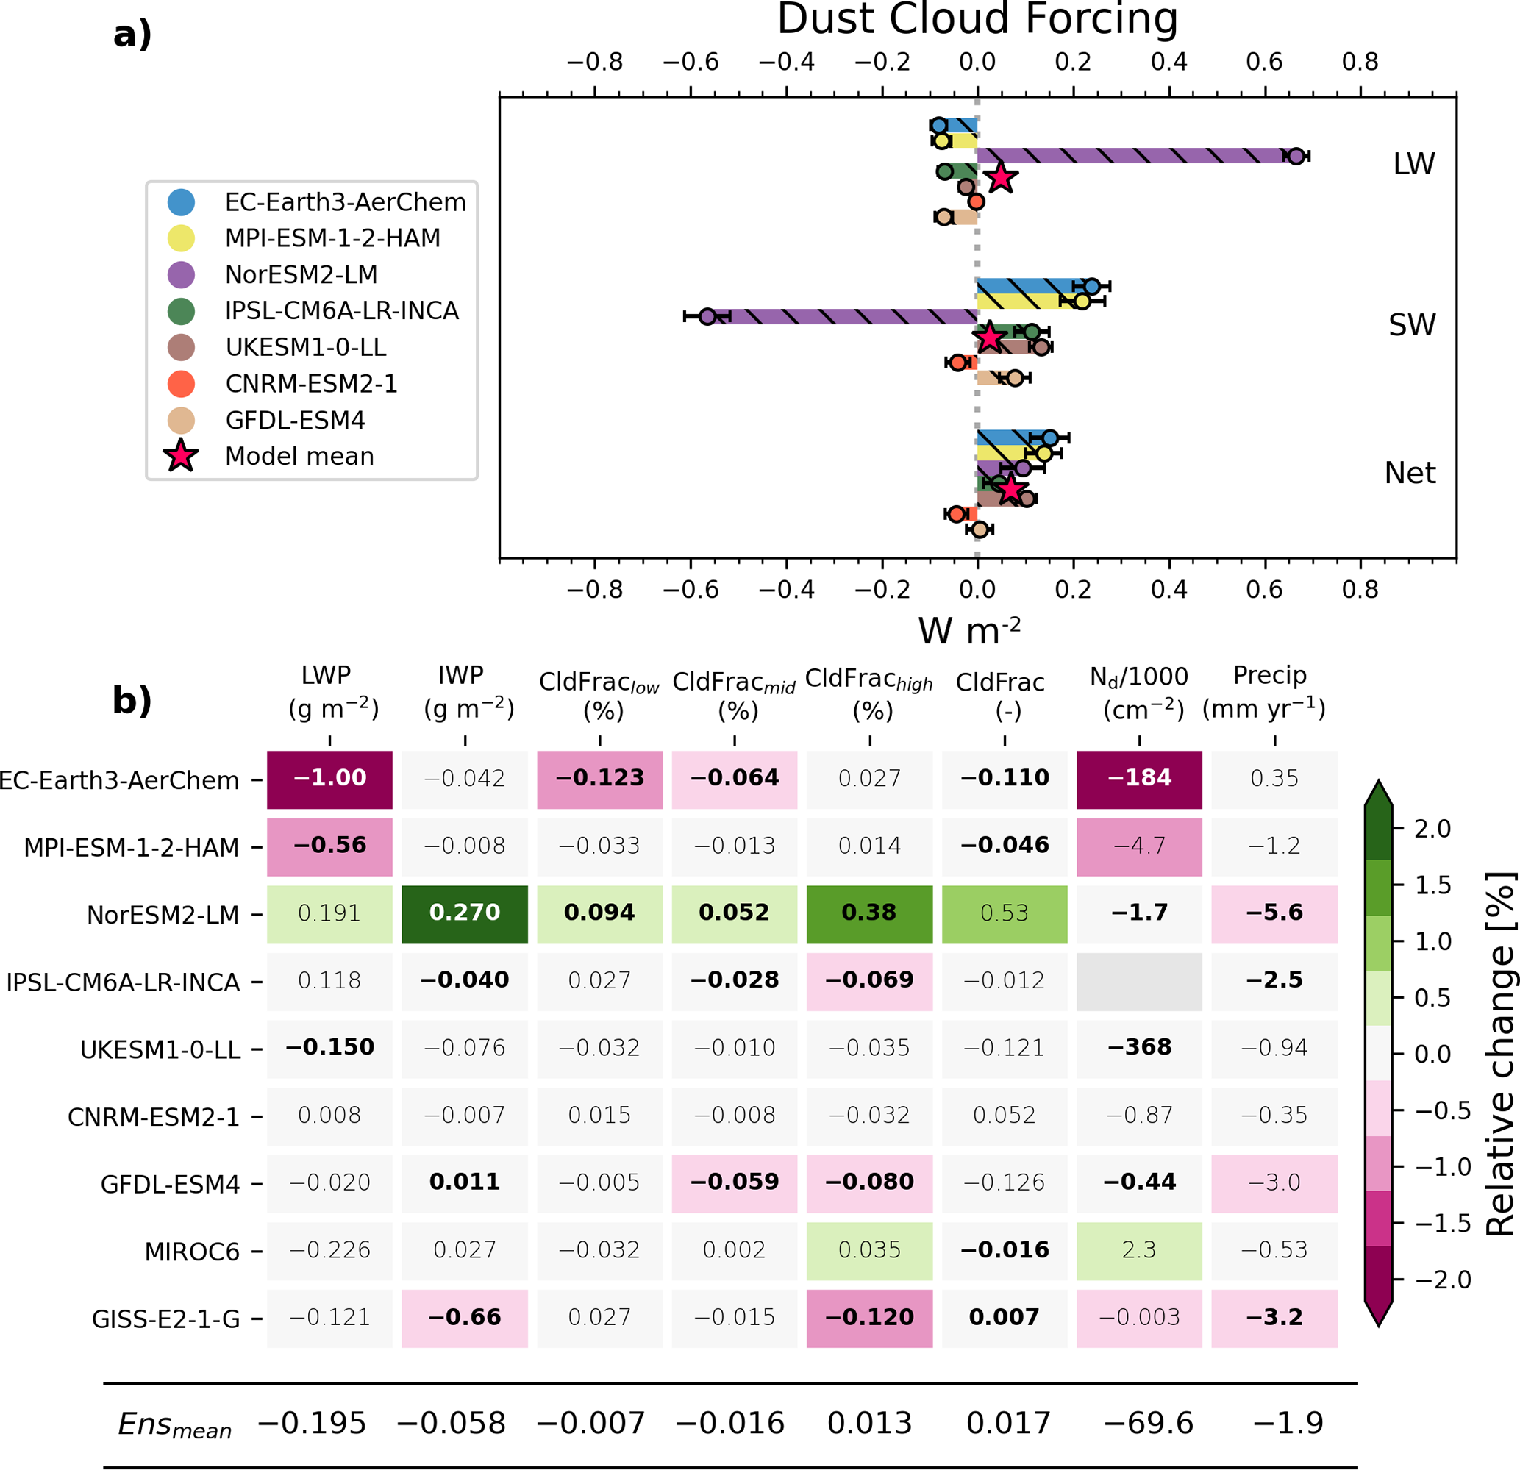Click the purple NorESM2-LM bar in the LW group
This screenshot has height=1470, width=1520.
1132,156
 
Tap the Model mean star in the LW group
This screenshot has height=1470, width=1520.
1001,177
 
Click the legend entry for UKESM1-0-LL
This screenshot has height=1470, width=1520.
306,347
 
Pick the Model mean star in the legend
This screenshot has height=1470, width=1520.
181,456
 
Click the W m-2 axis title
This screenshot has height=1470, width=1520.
969,630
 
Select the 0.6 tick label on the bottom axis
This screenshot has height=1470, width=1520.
1264,590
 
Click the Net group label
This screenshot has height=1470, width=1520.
1410,473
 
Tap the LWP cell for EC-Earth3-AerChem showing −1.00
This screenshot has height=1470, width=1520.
329,779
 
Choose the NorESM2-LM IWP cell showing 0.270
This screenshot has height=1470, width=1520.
465,913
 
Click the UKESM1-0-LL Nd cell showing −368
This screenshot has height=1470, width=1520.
1139,1047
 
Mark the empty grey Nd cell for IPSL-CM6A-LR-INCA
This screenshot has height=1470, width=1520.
1139,981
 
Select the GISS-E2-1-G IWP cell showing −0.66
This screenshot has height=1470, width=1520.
465,1317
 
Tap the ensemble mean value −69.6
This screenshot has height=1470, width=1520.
1149,1424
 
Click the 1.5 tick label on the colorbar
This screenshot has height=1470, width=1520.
1432,885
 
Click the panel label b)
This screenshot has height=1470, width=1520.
132,700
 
